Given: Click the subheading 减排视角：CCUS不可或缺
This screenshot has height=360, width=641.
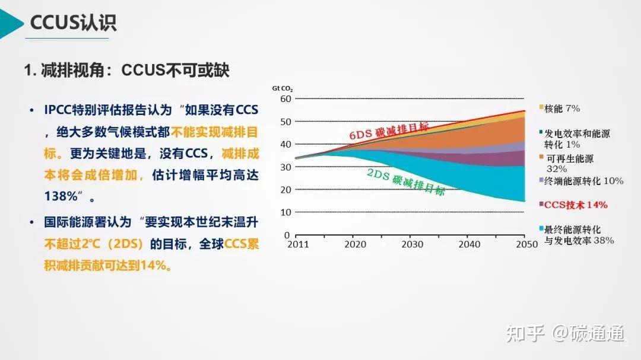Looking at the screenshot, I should pyautogui.click(x=126, y=71).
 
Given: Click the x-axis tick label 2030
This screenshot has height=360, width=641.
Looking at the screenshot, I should pyautogui.click(x=412, y=244).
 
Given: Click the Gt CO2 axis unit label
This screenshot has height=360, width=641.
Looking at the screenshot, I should pyautogui.click(x=283, y=88).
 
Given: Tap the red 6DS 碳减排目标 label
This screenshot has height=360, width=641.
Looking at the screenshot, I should pyautogui.click(x=388, y=130).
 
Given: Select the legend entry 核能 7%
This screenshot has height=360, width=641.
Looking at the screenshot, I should pyautogui.click(x=561, y=109).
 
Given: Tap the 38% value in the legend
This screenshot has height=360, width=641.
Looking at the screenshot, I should pyautogui.click(x=603, y=241).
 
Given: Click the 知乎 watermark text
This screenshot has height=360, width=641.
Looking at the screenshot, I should pyautogui.click(x=525, y=334).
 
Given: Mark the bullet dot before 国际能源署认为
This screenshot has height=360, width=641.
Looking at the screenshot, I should pyautogui.click(x=31, y=222).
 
